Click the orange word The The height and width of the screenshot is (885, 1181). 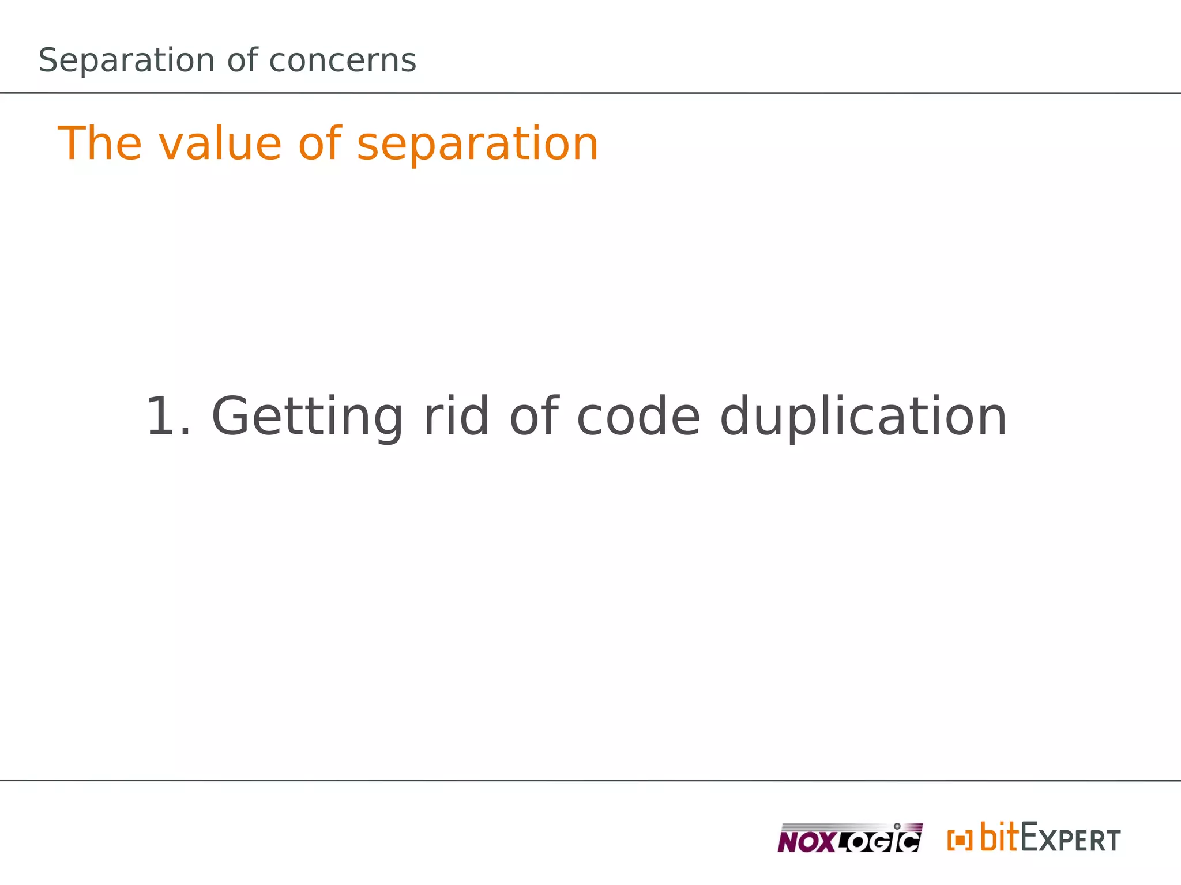99,143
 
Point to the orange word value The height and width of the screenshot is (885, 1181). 219,143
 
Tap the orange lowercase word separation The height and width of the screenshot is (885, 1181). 477,143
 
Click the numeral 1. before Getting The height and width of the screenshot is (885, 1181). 168,417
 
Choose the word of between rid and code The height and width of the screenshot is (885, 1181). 534,417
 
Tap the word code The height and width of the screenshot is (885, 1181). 638,417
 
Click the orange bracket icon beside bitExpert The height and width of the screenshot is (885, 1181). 960,840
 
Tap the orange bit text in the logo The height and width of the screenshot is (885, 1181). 999,837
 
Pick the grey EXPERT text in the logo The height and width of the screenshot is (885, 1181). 1071,839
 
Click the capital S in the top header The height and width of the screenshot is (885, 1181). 49,61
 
